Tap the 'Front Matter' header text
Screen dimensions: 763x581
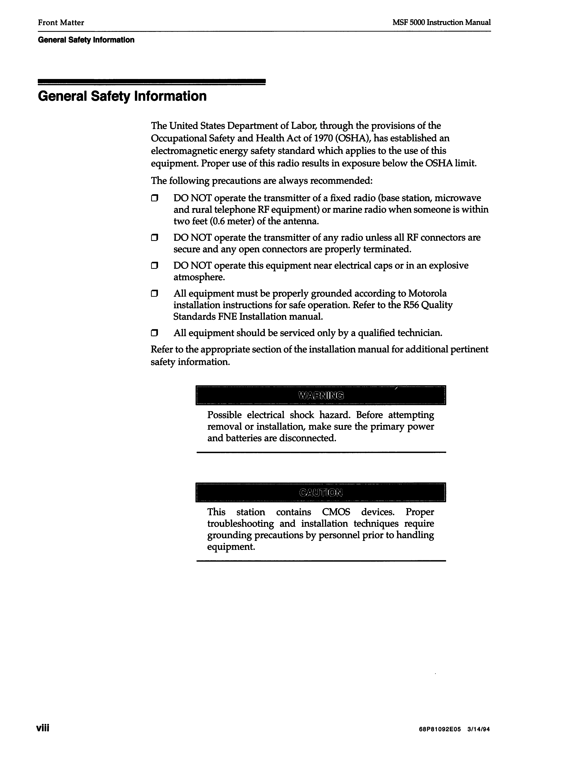tap(61, 22)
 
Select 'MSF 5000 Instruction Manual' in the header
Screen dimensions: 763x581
tap(441, 22)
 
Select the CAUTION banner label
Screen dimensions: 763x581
tap(321, 492)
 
